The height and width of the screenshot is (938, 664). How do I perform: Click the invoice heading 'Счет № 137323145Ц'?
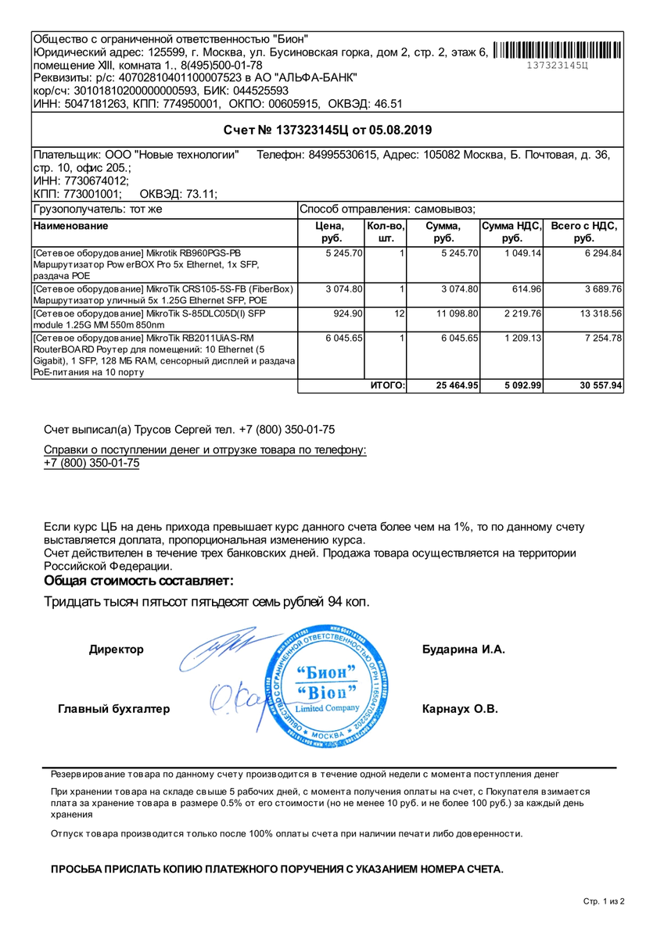tap(327, 130)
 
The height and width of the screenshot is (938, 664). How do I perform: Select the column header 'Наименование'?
tap(71, 226)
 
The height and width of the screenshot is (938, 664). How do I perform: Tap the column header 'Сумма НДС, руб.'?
tap(511, 232)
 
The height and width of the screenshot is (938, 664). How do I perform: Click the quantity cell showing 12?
tap(399, 313)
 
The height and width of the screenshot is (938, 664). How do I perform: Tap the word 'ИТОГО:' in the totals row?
tap(386, 385)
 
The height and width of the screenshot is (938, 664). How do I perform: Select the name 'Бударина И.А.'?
tap(464, 650)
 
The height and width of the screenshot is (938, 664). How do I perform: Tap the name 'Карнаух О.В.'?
tap(460, 709)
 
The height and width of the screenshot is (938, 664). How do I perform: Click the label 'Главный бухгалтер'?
tap(113, 709)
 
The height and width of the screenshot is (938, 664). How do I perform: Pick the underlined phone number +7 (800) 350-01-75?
tap(92, 463)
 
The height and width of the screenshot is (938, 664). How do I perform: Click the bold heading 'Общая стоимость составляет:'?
tap(138, 581)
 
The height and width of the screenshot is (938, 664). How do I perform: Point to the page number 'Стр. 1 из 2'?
tap(604, 901)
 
